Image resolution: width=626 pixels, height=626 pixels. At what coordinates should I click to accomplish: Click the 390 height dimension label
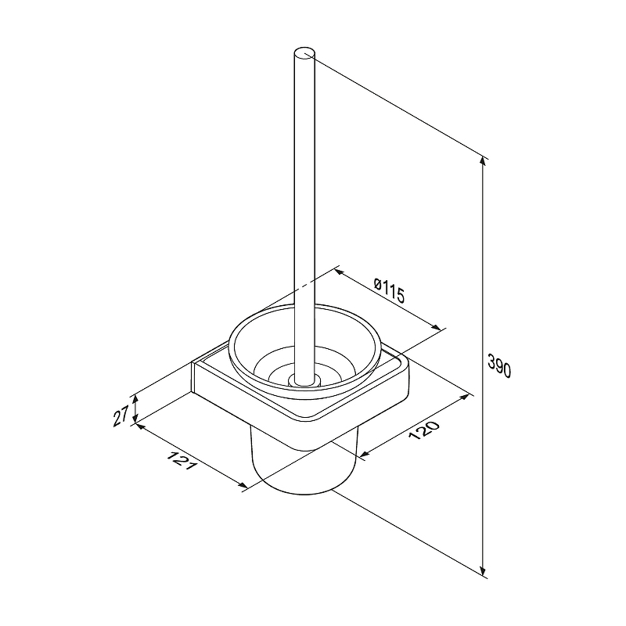pos(499,365)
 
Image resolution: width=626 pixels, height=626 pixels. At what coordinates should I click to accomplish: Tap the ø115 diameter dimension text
pos(389,290)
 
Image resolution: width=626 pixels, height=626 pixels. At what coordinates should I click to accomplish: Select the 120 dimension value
pos(423,430)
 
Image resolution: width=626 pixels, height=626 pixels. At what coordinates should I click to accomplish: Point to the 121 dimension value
pos(182,460)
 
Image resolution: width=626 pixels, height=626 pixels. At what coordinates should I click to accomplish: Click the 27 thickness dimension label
pos(121,416)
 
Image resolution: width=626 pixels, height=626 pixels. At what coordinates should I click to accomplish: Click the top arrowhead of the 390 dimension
pos(483,160)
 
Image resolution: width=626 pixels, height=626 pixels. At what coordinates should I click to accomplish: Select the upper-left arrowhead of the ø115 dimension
pos(339,272)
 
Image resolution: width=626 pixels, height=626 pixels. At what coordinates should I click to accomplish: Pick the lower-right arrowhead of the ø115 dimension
pos(437,327)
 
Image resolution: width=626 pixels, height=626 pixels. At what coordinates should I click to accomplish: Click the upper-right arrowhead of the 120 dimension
pos(464,397)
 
